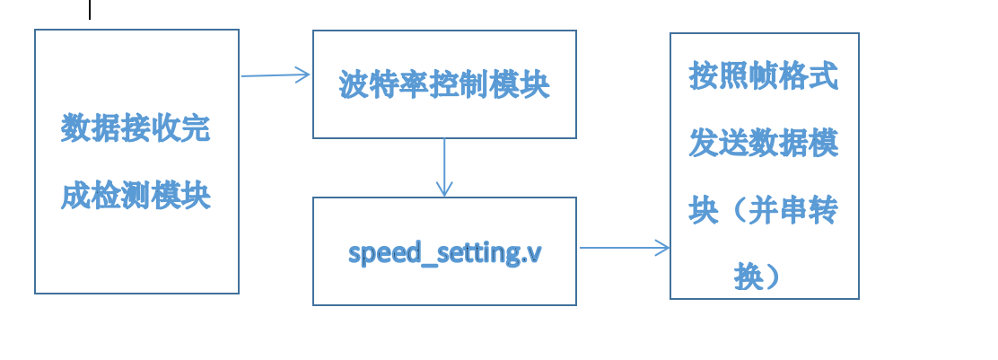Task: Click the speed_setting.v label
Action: coord(444,252)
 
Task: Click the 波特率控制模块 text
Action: coord(444,85)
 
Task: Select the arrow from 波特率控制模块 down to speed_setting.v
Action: coord(444,167)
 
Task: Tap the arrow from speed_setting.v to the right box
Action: coord(625,248)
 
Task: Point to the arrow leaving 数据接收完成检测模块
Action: coord(275,75)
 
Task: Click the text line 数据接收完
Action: coord(136,128)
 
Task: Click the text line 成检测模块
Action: coord(136,194)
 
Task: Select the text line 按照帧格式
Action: coord(764,77)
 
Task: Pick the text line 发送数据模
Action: coord(764,144)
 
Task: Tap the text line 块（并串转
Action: coord(764,210)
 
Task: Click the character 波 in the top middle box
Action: coord(355,85)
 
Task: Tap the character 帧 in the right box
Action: coord(764,77)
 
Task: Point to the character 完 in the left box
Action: coord(196,128)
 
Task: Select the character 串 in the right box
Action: coord(793,210)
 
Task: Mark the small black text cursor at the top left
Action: coord(90,9)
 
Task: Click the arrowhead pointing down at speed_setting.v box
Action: coord(444,189)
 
